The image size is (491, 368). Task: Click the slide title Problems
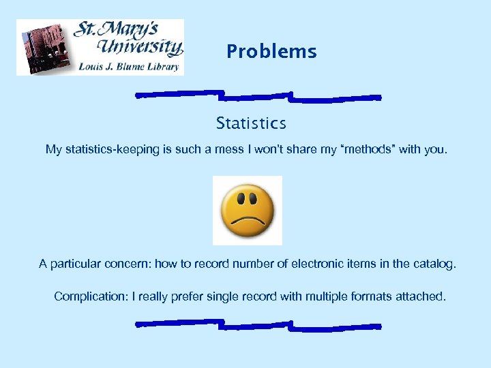click(x=271, y=52)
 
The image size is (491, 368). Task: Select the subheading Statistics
click(x=251, y=123)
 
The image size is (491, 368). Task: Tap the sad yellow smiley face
click(x=247, y=210)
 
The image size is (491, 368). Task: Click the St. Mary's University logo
click(x=100, y=47)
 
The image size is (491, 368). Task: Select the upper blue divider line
click(x=258, y=95)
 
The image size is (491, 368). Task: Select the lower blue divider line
click(x=258, y=324)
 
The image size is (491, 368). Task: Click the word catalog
click(x=432, y=264)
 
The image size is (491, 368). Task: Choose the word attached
click(x=422, y=296)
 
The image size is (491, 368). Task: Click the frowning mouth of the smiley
click(x=247, y=221)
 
